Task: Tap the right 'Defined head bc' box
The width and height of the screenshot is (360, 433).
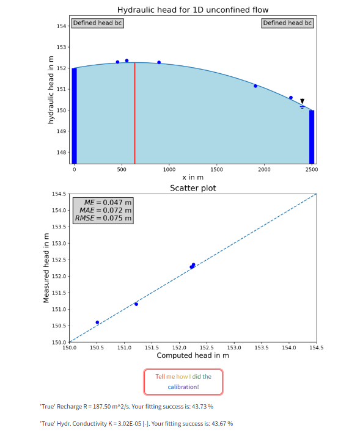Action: [288, 23]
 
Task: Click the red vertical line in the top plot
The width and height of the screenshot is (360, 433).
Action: [134, 113]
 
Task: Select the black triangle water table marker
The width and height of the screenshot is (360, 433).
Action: [302, 101]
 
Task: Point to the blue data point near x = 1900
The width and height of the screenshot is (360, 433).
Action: [255, 86]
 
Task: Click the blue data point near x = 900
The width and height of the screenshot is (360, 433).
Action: [159, 62]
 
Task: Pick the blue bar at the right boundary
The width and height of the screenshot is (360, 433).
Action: [312, 137]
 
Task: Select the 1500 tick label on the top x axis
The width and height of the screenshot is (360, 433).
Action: [216, 169]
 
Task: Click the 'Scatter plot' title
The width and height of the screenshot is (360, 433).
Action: [193, 188]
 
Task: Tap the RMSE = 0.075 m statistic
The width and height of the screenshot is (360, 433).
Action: [103, 218]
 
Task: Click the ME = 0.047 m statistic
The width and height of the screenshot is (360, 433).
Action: [107, 202]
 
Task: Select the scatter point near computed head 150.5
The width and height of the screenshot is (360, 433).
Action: [97, 322]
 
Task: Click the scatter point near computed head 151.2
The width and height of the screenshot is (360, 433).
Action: [136, 304]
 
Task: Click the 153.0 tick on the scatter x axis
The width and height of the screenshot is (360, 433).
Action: [234, 347]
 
